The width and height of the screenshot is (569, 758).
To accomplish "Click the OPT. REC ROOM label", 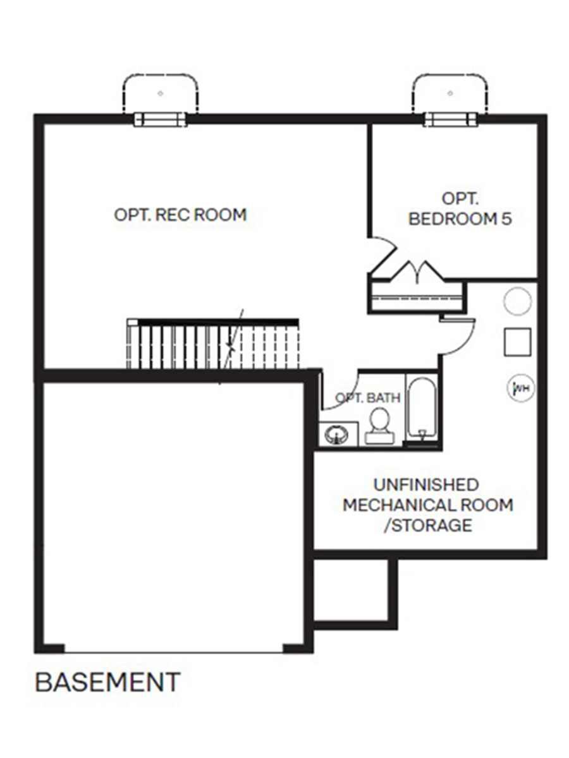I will point(180,215).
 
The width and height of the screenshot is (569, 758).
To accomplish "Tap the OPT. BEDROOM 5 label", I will point(460,209).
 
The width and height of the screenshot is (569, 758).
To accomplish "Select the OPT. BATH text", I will point(368,398).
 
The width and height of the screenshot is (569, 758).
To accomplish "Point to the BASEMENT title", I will point(108,682).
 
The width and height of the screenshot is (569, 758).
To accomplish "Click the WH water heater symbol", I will point(520,387).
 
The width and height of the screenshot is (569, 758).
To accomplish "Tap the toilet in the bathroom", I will point(379,426).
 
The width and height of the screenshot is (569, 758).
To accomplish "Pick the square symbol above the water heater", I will point(517,342).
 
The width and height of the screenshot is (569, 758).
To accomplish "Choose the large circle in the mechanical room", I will point(517,301).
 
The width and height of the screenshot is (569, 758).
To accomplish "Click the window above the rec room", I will point(161,119).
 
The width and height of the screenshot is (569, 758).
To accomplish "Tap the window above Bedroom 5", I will point(450,119).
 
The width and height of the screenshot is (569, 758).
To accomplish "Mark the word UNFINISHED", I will point(425,485).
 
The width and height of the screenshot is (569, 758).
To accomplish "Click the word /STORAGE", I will point(428,525).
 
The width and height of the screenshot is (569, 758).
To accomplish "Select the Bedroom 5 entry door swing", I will point(382,253).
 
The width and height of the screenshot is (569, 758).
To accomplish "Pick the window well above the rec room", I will point(161,93).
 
